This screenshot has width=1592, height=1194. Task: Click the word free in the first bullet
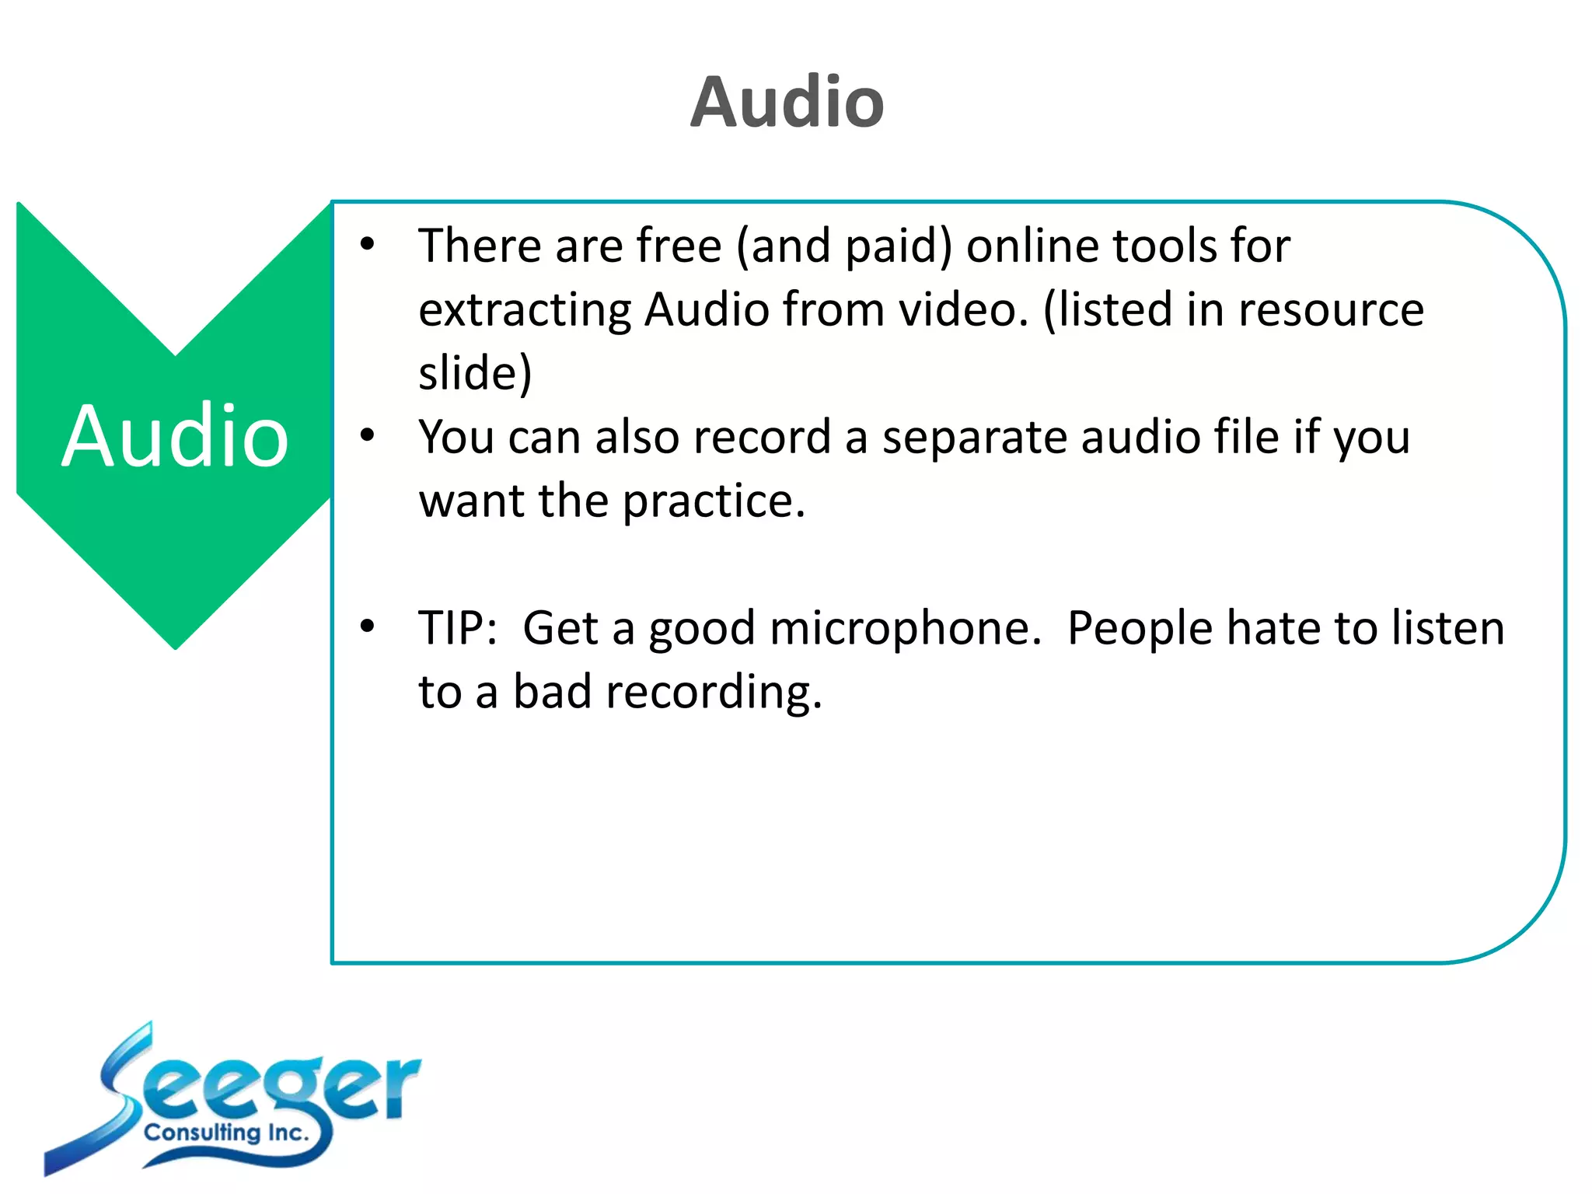(x=679, y=246)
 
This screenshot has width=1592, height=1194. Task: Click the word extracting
(x=524, y=311)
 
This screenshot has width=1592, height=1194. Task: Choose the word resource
(x=1331, y=311)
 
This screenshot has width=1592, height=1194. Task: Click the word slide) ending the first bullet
(x=475, y=373)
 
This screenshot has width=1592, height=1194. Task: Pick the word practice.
(x=714, y=502)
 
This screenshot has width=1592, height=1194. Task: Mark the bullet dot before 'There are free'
(x=368, y=244)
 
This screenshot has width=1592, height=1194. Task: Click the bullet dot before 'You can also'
(x=368, y=435)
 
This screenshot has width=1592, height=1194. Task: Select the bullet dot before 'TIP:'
(x=368, y=627)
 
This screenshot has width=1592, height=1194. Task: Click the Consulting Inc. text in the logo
(x=226, y=1133)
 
